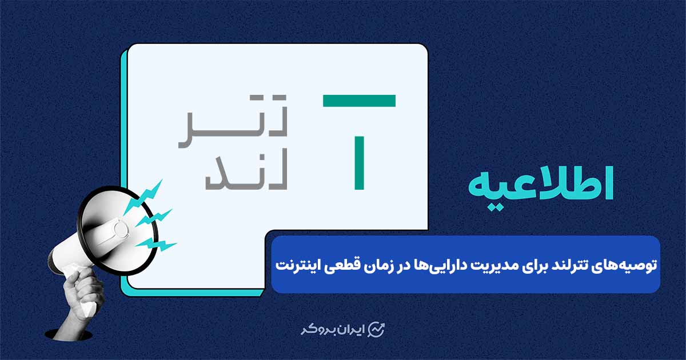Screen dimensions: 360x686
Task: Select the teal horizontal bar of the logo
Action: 359,101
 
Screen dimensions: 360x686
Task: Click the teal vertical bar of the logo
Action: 359,162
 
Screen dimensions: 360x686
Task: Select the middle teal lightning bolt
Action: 154,218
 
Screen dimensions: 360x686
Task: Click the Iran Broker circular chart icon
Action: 376,330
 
